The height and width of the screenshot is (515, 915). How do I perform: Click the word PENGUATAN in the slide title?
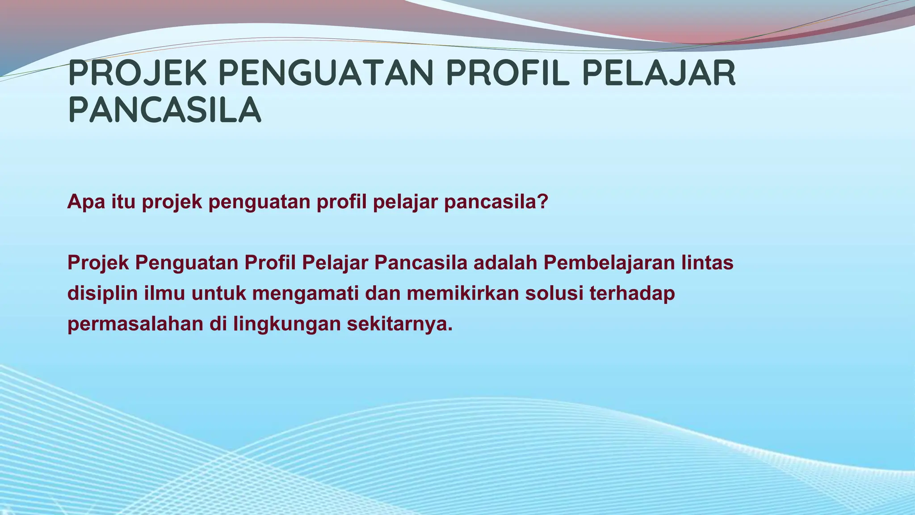pos(326,73)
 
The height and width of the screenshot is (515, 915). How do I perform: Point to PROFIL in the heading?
pos(508,73)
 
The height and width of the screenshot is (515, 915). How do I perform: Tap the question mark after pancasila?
pos(543,202)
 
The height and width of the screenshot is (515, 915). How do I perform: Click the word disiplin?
pos(102,294)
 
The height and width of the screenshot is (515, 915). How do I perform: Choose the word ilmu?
pos(164,294)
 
